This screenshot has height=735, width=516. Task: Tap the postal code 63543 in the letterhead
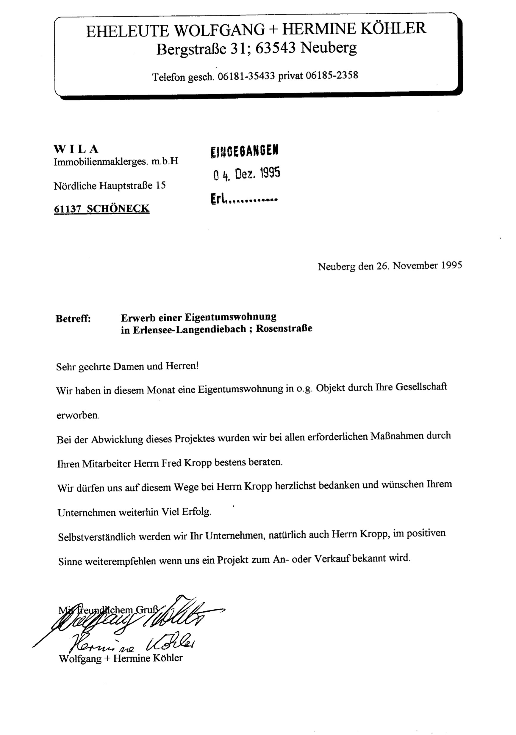[x=275, y=48]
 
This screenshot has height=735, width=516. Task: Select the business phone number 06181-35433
[x=246, y=76]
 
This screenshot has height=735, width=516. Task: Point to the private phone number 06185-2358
[x=332, y=75]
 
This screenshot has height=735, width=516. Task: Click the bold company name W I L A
[x=76, y=149]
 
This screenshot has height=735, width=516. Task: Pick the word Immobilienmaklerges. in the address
[x=101, y=162]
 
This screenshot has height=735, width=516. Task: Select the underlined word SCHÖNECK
[x=118, y=208]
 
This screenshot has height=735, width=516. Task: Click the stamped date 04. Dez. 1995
[x=246, y=174]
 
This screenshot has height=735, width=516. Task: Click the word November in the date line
[x=415, y=266]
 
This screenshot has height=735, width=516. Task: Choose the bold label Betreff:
[x=73, y=319]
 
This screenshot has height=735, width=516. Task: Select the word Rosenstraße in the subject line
[x=284, y=328]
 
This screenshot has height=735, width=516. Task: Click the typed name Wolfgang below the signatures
[x=80, y=659]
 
